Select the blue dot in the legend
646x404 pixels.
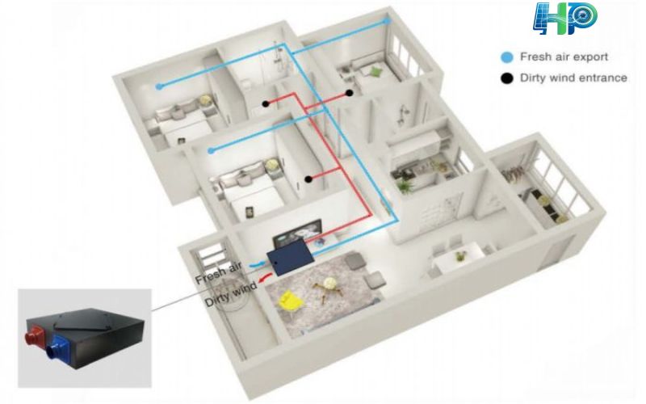[x=506, y=57]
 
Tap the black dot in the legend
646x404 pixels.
[x=506, y=78]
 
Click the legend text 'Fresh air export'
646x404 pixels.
[x=564, y=57]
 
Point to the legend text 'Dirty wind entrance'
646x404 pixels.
[x=573, y=78]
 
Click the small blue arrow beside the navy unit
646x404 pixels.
[x=258, y=263]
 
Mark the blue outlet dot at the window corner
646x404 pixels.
[x=388, y=19]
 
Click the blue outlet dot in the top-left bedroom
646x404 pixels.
[x=159, y=86]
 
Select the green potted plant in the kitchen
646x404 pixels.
[x=405, y=185]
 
